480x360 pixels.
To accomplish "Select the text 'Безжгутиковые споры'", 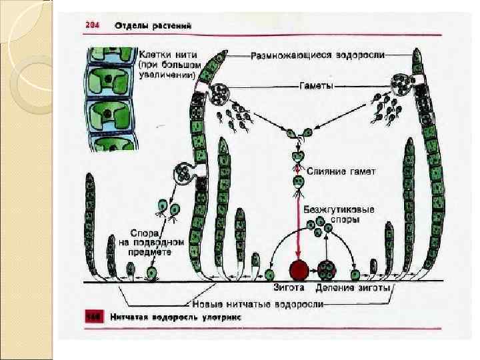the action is point(339,213).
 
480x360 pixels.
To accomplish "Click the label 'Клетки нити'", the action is point(159,51).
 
